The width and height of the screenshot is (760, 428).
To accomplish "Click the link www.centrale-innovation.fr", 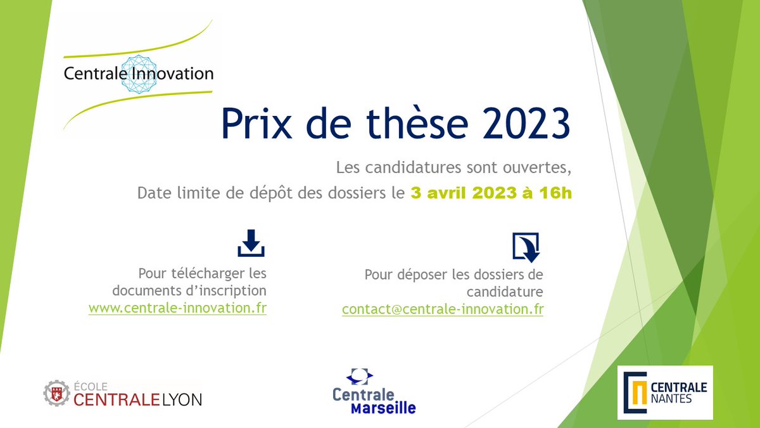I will pyautogui.click(x=177, y=308).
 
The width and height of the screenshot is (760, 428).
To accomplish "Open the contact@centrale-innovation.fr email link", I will pyautogui.click(x=443, y=309).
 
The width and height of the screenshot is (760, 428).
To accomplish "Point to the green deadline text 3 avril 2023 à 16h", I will pyautogui.click(x=491, y=193).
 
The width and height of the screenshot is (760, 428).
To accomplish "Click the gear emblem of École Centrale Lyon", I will pyautogui.click(x=56, y=394).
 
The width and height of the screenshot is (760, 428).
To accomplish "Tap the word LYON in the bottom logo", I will pyautogui.click(x=178, y=399).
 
